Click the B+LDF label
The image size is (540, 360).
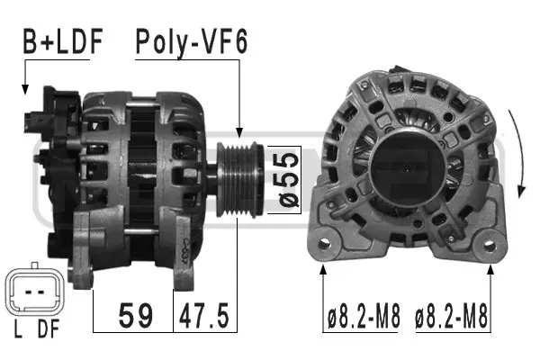point(62,40)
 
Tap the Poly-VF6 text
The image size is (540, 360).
point(191,40)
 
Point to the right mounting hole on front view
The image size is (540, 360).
point(490,241)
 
